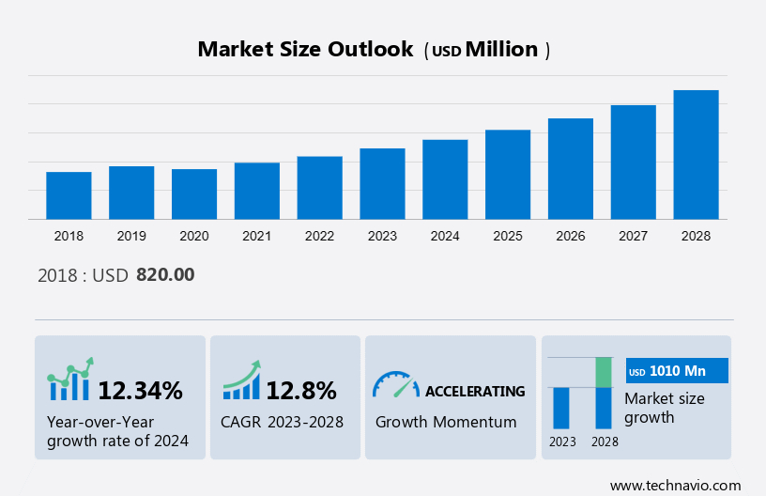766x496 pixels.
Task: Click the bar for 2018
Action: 69,195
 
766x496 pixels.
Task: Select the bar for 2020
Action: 194,194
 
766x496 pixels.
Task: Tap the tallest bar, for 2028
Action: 696,155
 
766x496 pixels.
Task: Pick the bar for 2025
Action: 508,175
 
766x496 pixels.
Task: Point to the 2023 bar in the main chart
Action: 382,184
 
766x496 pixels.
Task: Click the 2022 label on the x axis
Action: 319,236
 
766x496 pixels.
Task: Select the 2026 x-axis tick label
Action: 571,236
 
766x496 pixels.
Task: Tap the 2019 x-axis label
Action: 131,236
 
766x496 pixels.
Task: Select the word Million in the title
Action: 502,50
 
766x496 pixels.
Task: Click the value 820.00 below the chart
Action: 165,275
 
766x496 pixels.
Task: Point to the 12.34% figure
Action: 141,391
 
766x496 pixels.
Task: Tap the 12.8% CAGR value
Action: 300,391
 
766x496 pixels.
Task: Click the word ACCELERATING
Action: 475,391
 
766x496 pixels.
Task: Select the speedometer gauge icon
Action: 395,384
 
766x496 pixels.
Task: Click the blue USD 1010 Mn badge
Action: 677,371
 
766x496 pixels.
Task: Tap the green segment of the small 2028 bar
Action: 604,372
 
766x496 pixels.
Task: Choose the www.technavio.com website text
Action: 675,485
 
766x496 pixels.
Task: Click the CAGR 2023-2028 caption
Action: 282,422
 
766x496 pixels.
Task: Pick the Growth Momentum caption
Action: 446,422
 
